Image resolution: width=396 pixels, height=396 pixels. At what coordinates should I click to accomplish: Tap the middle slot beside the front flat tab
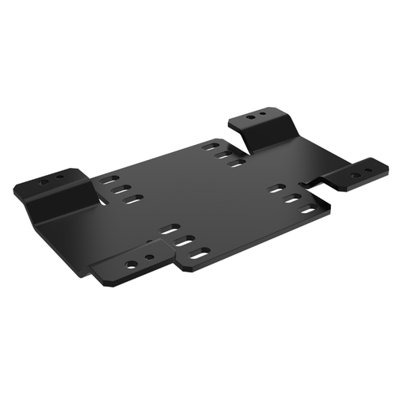(x=185, y=241)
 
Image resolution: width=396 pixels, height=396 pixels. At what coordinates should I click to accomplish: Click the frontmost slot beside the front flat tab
(x=200, y=253)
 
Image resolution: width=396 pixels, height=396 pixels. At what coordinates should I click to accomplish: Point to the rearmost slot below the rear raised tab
(x=211, y=146)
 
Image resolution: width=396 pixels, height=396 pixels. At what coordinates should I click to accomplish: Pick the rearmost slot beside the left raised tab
(x=110, y=179)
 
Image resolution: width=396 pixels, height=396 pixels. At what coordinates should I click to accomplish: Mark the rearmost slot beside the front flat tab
(x=170, y=230)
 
